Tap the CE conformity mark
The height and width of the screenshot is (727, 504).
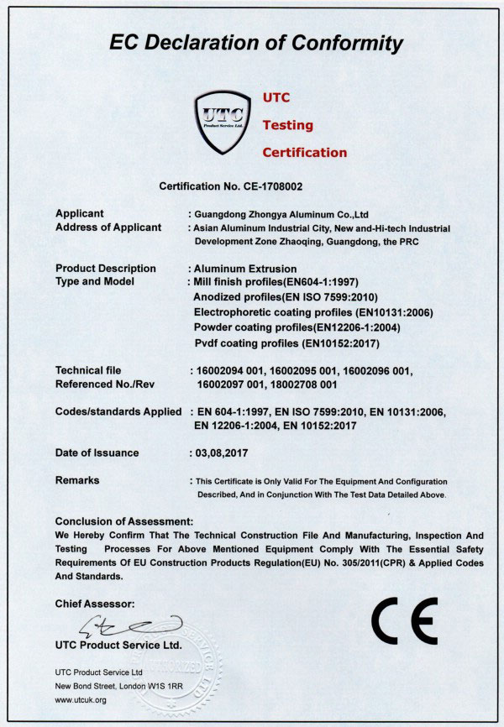click(x=403, y=622)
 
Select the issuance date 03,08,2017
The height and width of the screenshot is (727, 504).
click(x=220, y=452)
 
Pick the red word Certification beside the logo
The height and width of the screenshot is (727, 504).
click(x=304, y=153)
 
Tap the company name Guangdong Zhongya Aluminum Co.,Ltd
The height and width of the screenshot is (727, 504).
click(x=278, y=214)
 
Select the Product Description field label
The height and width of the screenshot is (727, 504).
click(x=105, y=269)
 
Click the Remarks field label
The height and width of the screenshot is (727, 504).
click(x=76, y=480)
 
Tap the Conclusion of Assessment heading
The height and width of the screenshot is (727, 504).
click(x=123, y=521)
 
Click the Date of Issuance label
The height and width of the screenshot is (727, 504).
click(x=97, y=452)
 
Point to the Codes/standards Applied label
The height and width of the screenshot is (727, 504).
click(x=118, y=411)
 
